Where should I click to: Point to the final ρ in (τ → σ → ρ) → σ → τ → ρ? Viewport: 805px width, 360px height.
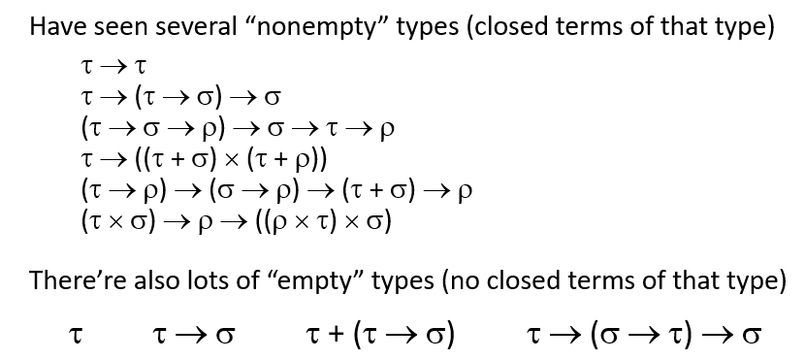point(388,127)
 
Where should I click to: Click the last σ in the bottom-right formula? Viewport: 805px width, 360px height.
point(749,335)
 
